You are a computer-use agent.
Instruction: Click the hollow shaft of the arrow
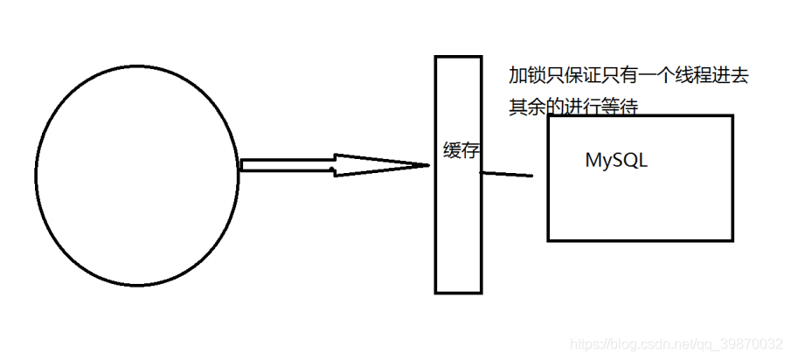[x=288, y=164]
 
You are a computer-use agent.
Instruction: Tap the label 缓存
[x=461, y=150]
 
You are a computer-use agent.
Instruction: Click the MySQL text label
[x=616, y=162]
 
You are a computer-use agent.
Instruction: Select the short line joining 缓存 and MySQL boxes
[x=507, y=173]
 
